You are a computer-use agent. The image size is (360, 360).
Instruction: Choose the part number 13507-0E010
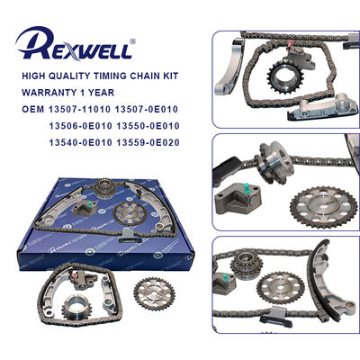tap(157, 110)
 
